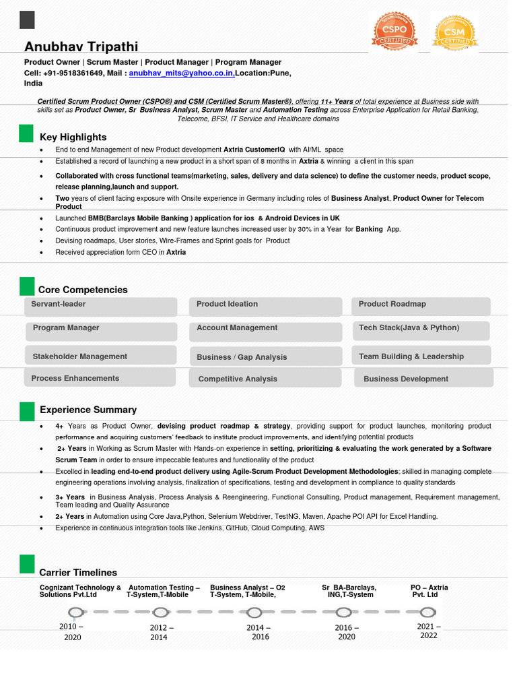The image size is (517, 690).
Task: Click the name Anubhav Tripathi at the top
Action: pos(81,46)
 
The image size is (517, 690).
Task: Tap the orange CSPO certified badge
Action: pos(394,31)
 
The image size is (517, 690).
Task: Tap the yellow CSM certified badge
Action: pos(454,32)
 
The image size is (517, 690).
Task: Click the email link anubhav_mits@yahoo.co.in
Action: pos(182,73)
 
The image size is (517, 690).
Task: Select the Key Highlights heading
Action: pos(73,137)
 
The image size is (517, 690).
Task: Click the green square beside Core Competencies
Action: pos(26,286)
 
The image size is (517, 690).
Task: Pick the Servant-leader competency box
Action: pos(101,306)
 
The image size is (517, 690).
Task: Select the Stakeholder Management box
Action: pos(101,356)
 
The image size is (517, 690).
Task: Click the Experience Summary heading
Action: pos(88,410)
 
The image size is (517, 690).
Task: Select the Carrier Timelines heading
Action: pos(78,572)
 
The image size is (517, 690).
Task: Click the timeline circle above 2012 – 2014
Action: pos(160,613)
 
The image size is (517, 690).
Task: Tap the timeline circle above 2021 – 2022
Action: pos(427,613)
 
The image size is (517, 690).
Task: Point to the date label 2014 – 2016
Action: pos(258,632)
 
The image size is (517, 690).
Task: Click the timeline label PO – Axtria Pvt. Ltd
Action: pos(429,591)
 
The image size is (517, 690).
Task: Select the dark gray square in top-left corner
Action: pos(27,20)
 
